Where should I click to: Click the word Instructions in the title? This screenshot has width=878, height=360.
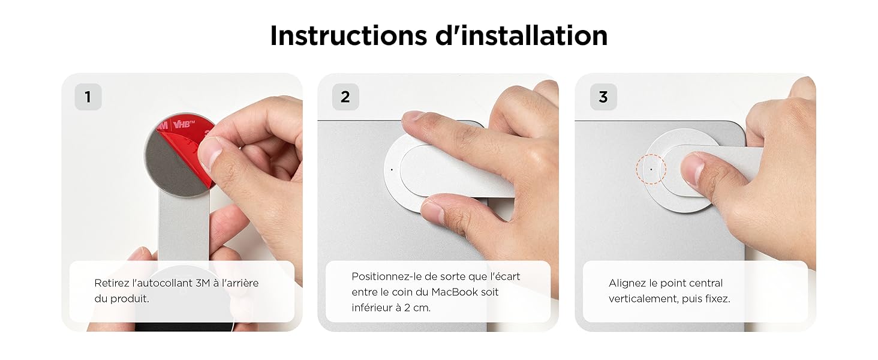click(348, 35)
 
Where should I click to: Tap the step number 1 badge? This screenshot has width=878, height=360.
click(88, 97)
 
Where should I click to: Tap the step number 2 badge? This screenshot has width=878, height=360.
click(345, 97)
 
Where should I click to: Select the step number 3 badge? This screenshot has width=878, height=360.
click(603, 97)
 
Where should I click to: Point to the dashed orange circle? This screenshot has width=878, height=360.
click(651, 169)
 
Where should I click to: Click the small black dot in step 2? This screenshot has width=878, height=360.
click(392, 170)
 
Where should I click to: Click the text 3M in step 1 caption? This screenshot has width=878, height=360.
click(203, 283)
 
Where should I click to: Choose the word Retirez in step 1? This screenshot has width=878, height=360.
click(111, 283)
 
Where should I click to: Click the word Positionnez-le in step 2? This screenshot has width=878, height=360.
click(383, 277)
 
